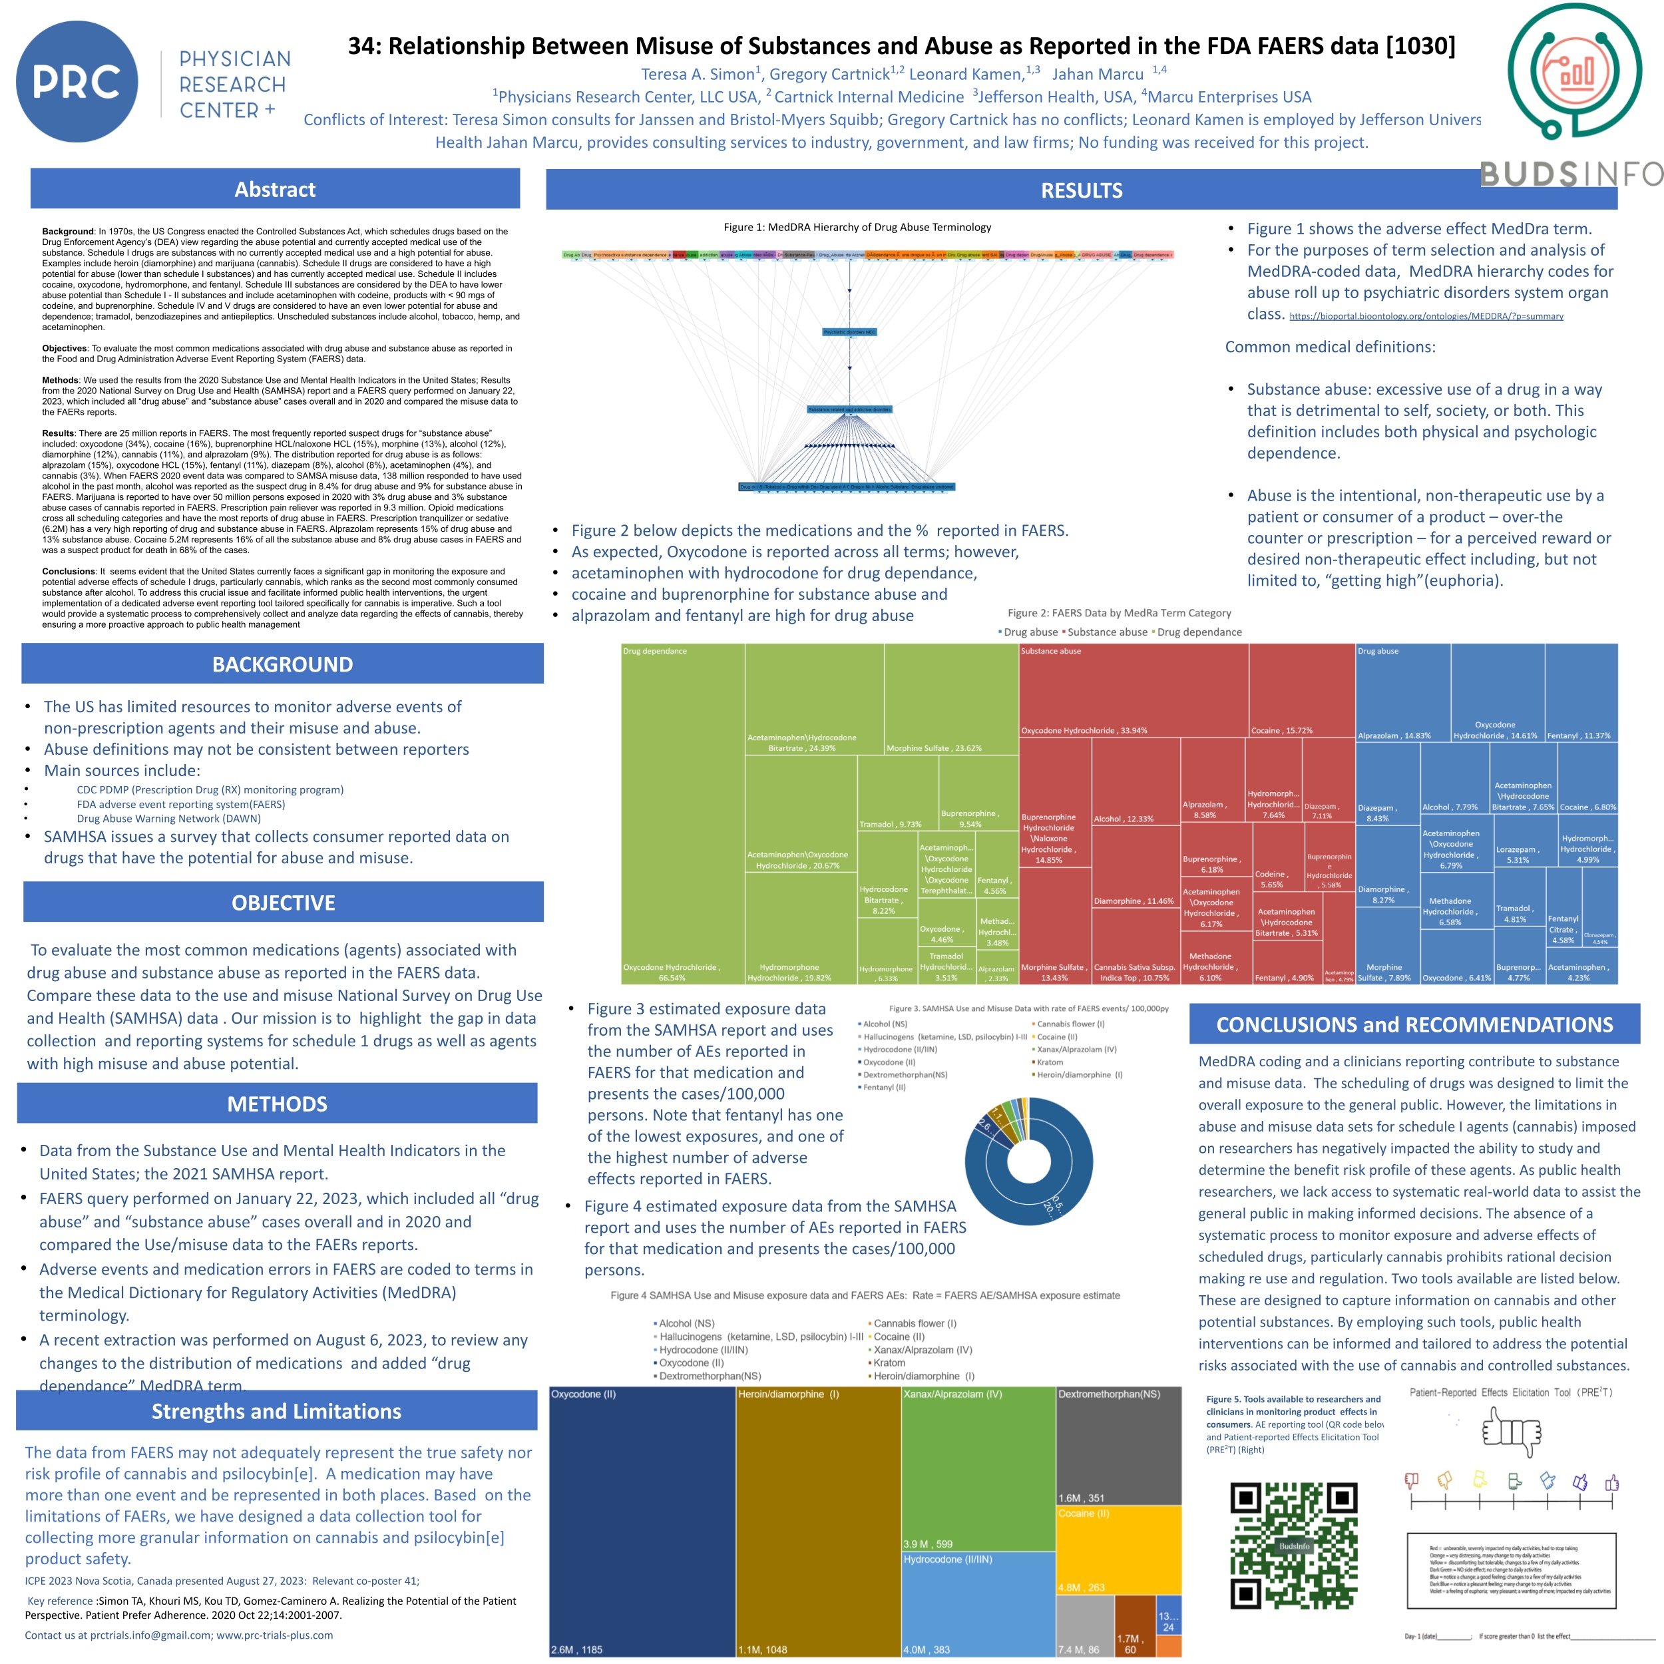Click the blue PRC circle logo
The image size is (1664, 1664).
click(77, 82)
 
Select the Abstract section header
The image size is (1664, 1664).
click(275, 190)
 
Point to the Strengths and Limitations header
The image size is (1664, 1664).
click(276, 1411)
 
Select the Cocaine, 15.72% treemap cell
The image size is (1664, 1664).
click(1301, 690)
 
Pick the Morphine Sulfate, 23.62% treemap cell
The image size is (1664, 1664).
click(951, 698)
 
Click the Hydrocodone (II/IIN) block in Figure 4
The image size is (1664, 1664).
click(978, 1603)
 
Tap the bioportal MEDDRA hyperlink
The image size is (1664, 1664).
click(1426, 316)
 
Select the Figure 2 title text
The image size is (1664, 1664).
click(1119, 613)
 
